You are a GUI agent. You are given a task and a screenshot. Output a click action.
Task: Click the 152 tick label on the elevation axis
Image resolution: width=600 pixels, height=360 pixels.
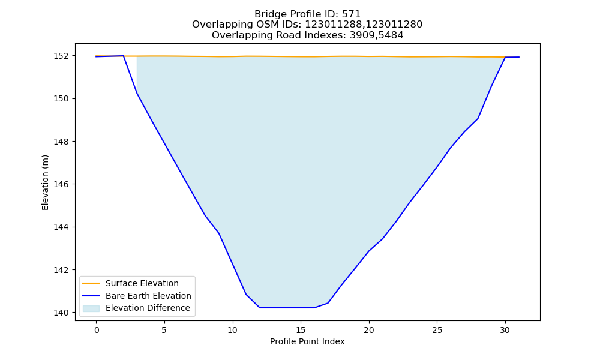(61, 56)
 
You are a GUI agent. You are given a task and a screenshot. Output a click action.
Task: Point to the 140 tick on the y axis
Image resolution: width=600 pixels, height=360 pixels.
(61, 313)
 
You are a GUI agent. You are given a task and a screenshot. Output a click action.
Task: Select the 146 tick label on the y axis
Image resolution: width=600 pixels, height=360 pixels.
(61, 184)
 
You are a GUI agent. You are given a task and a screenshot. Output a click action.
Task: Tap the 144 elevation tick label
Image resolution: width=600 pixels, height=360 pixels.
(61, 227)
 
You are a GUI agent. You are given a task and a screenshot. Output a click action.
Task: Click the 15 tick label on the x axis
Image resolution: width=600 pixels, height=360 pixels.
(301, 330)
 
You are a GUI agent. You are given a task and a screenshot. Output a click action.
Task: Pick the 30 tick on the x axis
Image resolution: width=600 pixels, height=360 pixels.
(505, 330)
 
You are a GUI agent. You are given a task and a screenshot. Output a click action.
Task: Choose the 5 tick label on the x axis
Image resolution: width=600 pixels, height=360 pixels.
(164, 330)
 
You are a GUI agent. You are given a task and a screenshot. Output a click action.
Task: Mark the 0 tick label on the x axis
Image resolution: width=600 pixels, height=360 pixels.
(96, 330)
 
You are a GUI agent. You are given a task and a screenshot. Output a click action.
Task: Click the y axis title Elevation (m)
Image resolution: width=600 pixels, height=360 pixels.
(45, 182)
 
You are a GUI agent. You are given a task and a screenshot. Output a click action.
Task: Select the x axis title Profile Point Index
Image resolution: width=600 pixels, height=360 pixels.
(307, 341)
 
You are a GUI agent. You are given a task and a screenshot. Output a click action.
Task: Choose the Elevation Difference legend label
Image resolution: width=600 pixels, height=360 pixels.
(148, 308)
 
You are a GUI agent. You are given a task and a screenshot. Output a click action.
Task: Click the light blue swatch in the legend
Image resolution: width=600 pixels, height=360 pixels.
(91, 308)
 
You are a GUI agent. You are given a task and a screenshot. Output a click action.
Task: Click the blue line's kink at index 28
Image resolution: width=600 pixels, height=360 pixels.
(478, 118)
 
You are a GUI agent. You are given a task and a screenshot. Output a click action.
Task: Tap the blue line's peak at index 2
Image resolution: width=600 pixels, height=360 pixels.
(123, 56)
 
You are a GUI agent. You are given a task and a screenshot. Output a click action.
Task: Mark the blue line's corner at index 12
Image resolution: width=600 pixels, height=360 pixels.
(260, 308)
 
